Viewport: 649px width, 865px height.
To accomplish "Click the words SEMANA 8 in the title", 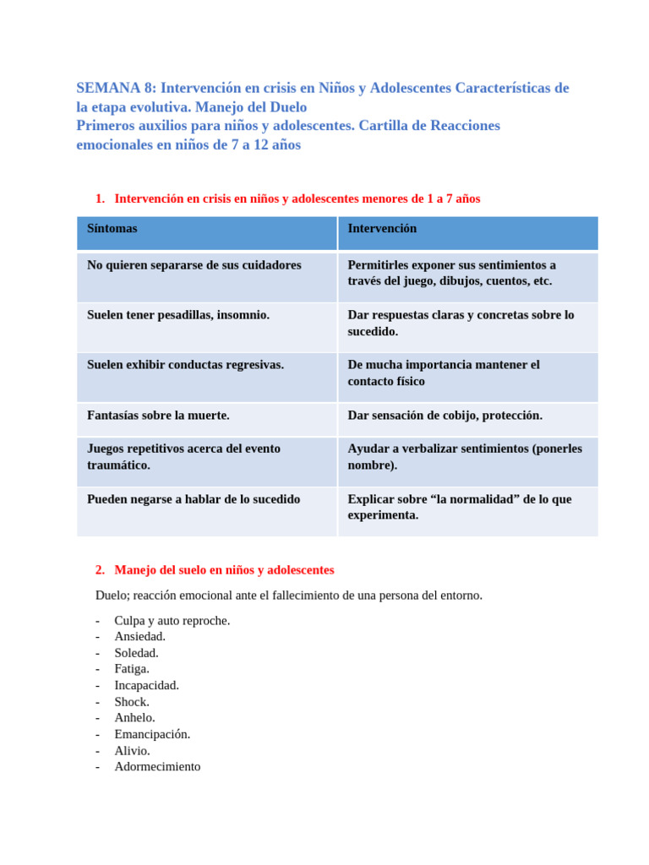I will pyautogui.click(x=115, y=88).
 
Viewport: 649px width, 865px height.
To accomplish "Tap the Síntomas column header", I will pyautogui.click(x=112, y=229).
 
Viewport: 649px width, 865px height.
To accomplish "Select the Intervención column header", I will pyautogui.click(x=382, y=229).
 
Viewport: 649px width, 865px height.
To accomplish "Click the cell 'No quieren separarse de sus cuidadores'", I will pyautogui.click(x=194, y=265).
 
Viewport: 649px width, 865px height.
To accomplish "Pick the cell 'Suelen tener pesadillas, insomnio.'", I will pyautogui.click(x=178, y=315).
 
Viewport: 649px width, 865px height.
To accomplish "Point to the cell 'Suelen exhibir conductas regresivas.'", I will pyautogui.click(x=185, y=365).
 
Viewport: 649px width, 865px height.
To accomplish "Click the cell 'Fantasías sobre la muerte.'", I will pyautogui.click(x=158, y=416).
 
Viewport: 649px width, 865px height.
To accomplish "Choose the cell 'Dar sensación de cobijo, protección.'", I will pyautogui.click(x=444, y=416).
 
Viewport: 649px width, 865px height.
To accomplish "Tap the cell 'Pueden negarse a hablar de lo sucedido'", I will pyautogui.click(x=194, y=499).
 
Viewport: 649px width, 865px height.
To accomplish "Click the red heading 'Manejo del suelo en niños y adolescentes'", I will pyautogui.click(x=224, y=570).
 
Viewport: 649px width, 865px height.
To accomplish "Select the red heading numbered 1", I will pyautogui.click(x=297, y=199).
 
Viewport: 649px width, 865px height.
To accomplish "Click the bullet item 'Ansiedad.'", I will pyautogui.click(x=140, y=636).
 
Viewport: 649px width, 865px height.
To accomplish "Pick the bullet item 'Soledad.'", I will pyautogui.click(x=137, y=653).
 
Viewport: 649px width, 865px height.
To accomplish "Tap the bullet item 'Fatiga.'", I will pyautogui.click(x=132, y=669).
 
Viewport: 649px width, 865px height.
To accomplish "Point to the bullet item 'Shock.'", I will pyautogui.click(x=132, y=702).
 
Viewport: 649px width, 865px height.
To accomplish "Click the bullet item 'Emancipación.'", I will pyautogui.click(x=152, y=734).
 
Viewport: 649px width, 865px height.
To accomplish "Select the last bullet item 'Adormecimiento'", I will pyautogui.click(x=157, y=767).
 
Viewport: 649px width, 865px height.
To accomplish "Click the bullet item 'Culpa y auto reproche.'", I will pyautogui.click(x=172, y=620).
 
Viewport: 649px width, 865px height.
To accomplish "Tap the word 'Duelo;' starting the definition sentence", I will pyautogui.click(x=113, y=596).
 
